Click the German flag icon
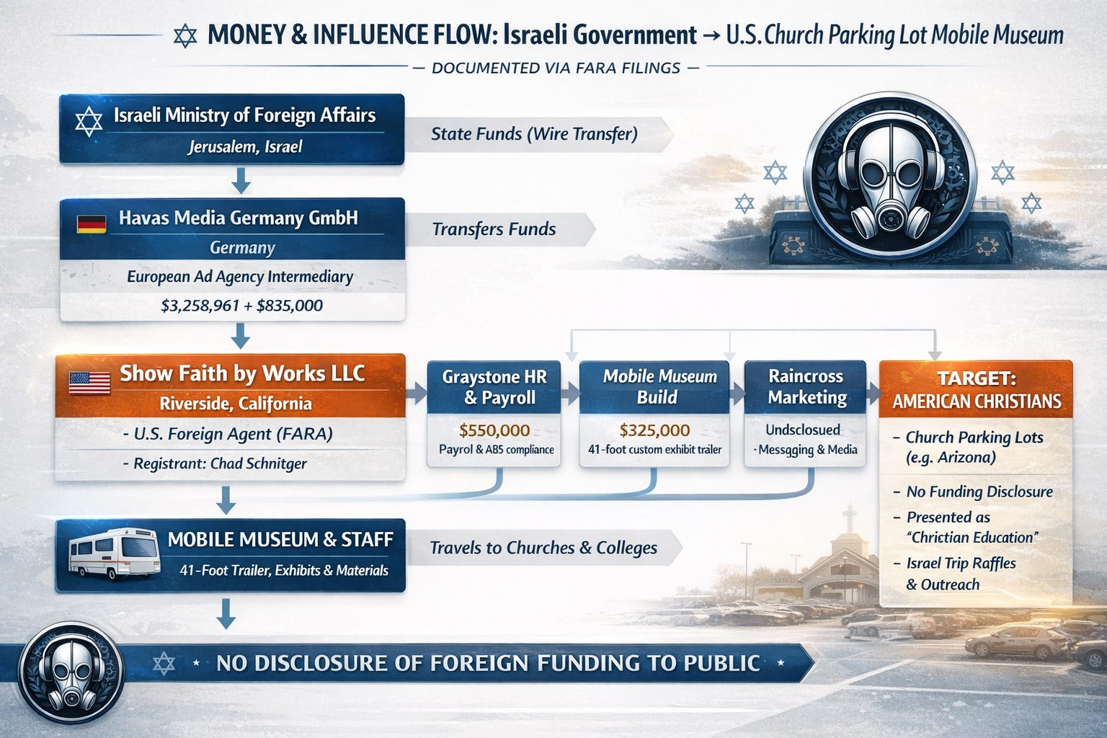tap(91, 223)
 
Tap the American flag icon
tap(89, 382)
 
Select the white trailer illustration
tap(114, 553)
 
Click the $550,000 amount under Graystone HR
tap(494, 431)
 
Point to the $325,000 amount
tap(654, 431)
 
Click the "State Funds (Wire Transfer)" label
tap(534, 134)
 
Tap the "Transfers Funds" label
tap(494, 229)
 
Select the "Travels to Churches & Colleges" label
tap(543, 548)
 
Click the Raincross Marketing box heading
tap(806, 387)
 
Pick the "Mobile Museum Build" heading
tap(659, 387)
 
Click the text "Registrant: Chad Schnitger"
tap(220, 463)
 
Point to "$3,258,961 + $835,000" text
tap(241, 306)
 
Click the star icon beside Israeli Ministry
tap(89, 122)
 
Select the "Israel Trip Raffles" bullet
tap(961, 564)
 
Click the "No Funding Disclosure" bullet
tap(979, 492)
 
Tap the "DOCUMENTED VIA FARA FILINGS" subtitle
tap(556, 68)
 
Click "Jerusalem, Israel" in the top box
tap(245, 147)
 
